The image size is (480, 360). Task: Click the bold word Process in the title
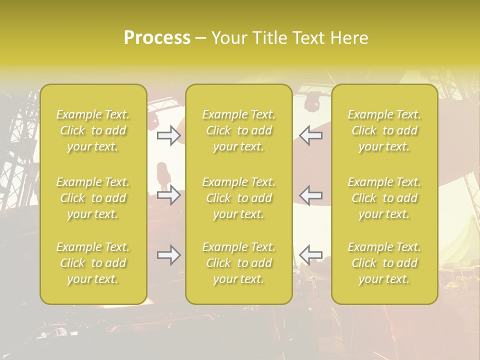(157, 38)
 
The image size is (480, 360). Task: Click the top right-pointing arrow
(168, 135)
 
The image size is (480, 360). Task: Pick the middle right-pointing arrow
(168, 194)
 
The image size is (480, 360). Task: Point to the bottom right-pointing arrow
(168, 255)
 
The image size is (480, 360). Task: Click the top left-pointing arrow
(310, 135)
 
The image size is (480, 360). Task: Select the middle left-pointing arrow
(310, 194)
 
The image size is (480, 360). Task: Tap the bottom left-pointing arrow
(310, 255)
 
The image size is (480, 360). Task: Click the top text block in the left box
(93, 130)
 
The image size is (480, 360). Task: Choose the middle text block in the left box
(93, 198)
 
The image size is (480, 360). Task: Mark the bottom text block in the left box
(93, 263)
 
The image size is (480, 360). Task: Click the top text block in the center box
(239, 130)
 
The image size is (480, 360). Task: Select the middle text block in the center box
(239, 198)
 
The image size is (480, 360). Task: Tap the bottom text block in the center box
(239, 263)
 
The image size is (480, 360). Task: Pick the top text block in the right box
(384, 130)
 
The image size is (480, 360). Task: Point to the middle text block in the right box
(384, 198)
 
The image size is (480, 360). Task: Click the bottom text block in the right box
(384, 263)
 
